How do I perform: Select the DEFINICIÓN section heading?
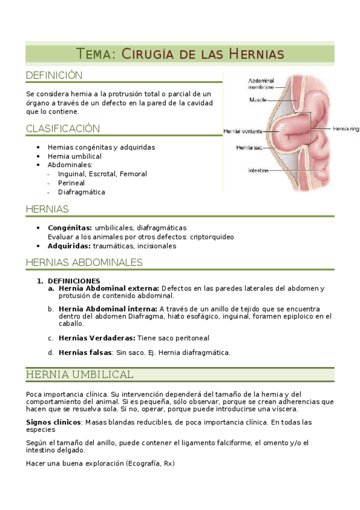tap(54, 75)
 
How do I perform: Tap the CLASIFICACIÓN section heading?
tap(63, 129)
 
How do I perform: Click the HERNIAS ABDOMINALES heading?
tap(84, 262)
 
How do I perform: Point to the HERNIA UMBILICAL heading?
tap(79, 375)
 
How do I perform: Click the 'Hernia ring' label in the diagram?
tap(347, 128)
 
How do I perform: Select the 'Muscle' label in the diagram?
tap(258, 100)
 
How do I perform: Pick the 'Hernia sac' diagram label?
tap(248, 147)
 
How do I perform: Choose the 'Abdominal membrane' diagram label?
tap(261, 84)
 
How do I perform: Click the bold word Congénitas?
tap(70, 228)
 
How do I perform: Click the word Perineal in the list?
tap(71, 183)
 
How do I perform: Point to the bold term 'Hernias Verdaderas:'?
tap(97, 338)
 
